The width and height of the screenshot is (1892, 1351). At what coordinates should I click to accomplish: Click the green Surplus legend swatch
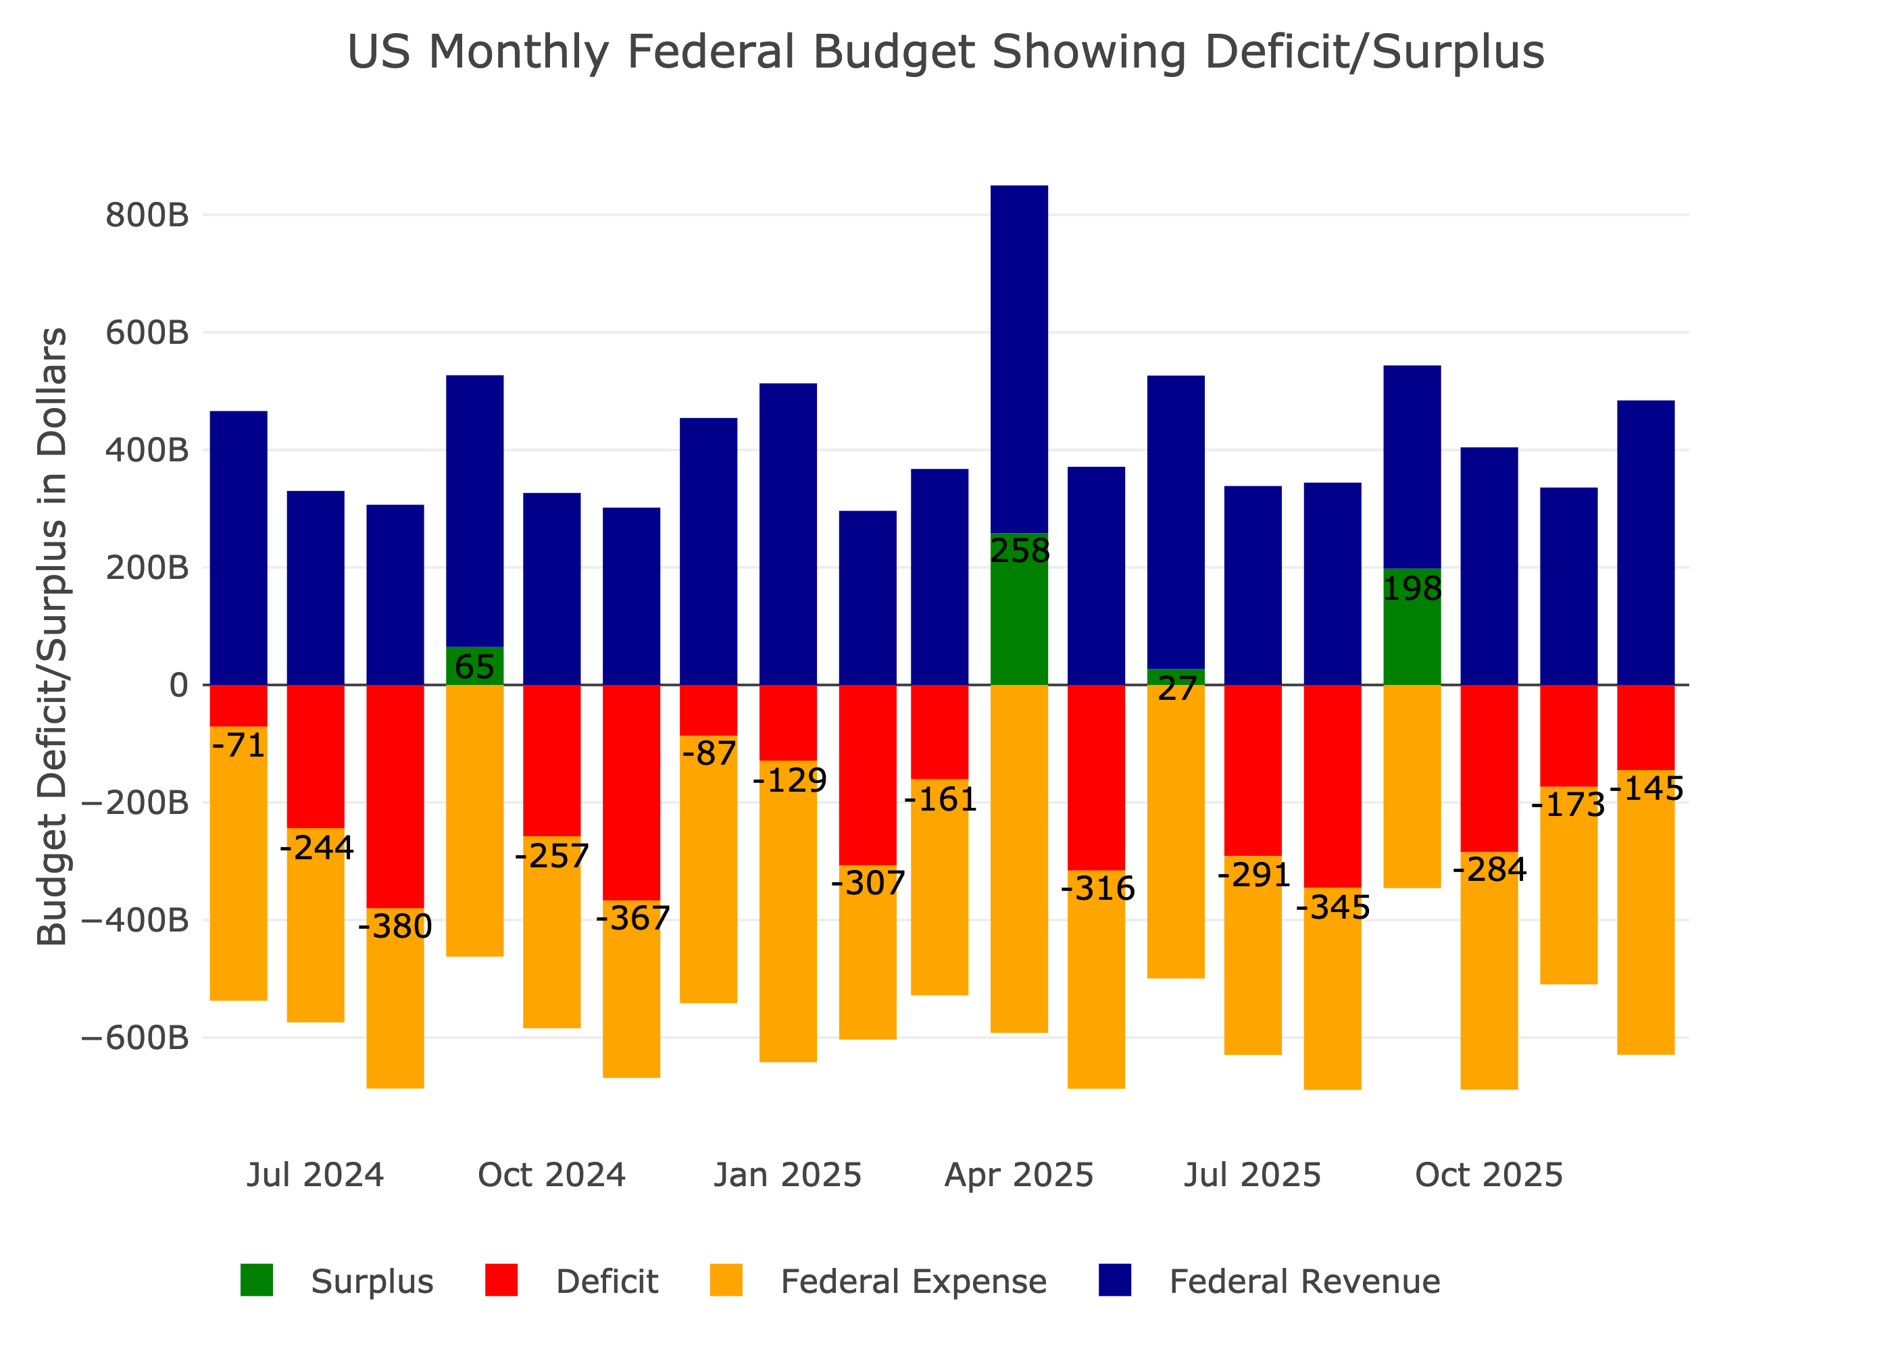coord(256,1280)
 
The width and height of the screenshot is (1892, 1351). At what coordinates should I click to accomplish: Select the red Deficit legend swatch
coord(501,1280)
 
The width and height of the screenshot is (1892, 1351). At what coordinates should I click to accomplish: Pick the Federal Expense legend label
coord(913,1282)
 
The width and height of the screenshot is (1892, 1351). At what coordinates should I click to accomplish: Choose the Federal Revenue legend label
coord(1303,1282)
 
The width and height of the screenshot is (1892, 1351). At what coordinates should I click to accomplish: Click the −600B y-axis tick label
coord(134,1038)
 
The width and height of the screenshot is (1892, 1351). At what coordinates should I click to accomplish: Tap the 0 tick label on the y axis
coord(179,686)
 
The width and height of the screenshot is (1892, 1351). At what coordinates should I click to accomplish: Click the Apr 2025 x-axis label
coord(1018,1175)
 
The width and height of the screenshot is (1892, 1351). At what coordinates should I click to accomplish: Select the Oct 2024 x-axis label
coord(551,1175)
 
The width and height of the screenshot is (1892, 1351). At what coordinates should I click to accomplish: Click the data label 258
coord(1019,551)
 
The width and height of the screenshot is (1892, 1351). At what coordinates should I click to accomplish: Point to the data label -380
coord(395,926)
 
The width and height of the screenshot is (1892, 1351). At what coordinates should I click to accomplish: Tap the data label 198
coord(1412,589)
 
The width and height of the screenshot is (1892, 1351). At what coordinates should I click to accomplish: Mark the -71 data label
coord(239,744)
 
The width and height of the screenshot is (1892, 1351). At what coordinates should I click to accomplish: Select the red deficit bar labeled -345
coord(1332,786)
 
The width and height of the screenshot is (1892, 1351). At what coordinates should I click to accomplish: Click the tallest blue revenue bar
coord(1019,358)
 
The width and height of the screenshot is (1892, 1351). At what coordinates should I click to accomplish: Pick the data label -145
coord(1647,788)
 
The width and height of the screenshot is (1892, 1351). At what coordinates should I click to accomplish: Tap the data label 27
coord(1176,689)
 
